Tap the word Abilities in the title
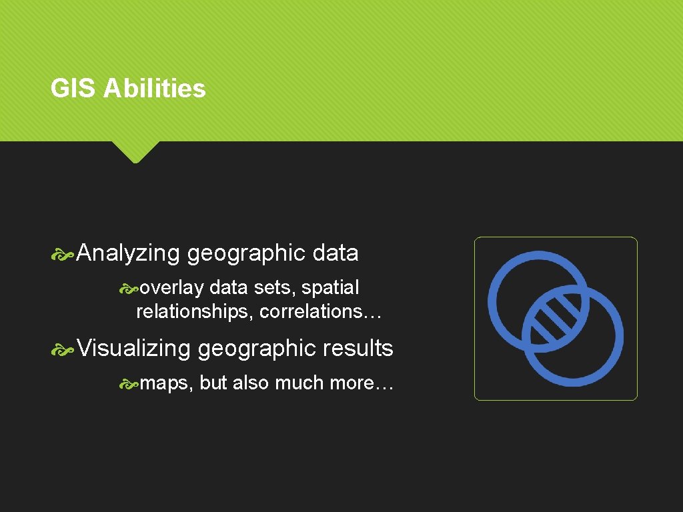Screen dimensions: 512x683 (155, 89)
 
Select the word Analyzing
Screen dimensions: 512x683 (128, 253)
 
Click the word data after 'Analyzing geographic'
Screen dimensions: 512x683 (335, 253)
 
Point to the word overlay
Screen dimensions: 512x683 (172, 288)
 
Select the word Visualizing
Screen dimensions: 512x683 (133, 348)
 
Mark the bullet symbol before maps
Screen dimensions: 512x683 (129, 384)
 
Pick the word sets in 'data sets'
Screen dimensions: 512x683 (279, 288)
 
